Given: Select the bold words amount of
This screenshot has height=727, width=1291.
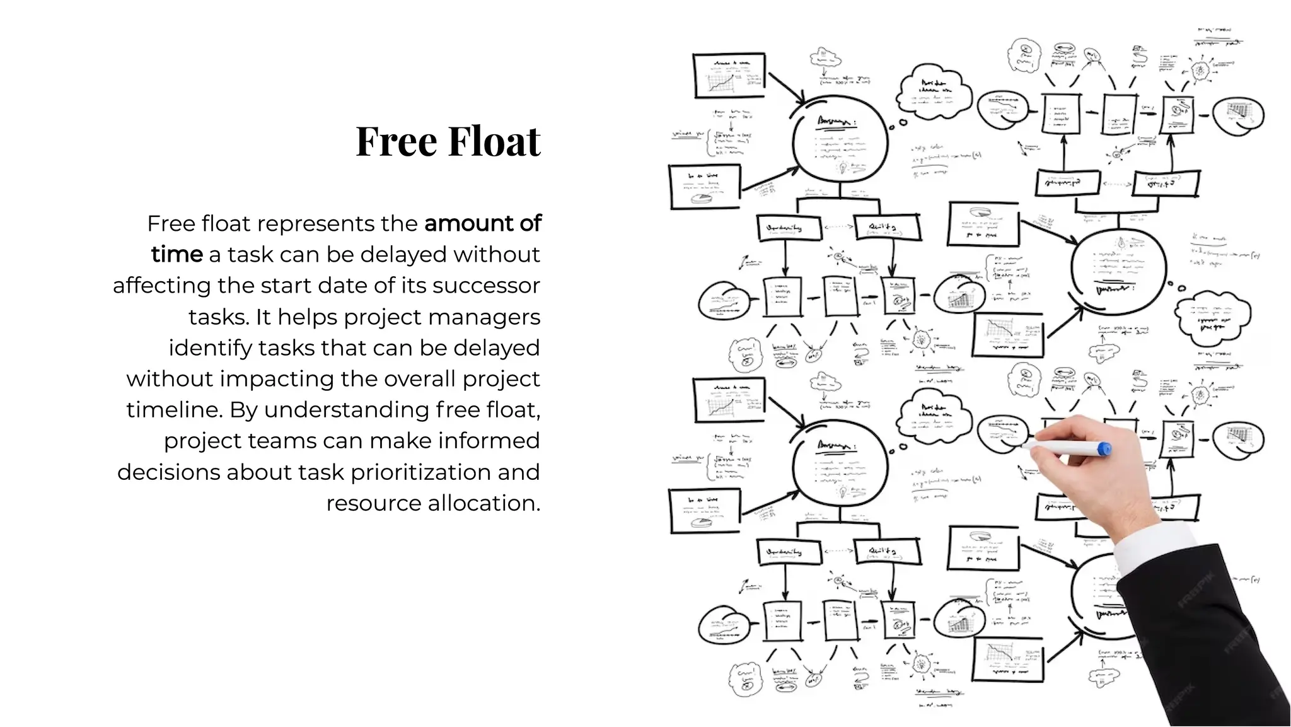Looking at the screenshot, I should (x=482, y=223).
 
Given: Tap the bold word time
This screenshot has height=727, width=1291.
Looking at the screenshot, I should (x=177, y=254).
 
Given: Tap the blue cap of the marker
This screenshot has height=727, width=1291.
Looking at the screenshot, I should (x=1104, y=449).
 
